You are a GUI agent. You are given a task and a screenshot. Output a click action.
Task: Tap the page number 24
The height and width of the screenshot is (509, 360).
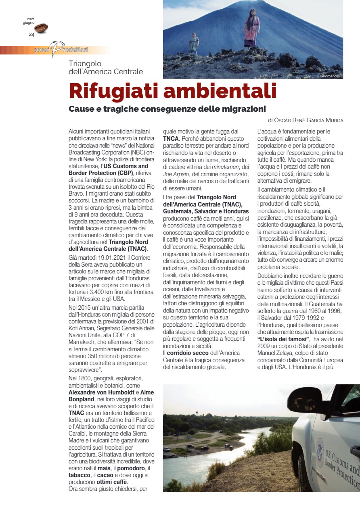coord(31,34)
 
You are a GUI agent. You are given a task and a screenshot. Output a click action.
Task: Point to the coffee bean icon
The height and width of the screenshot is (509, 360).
coord(41,28)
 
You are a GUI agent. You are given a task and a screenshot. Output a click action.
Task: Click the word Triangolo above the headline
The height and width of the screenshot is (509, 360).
coord(85,64)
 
